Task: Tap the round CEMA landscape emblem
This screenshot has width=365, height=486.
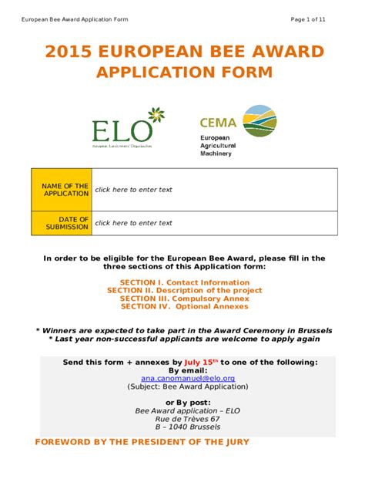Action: (260, 120)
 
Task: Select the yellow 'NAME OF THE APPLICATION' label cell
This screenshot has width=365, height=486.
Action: (61, 189)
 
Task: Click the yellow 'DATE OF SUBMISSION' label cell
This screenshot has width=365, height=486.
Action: (61, 223)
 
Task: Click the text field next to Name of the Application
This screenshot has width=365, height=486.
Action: (214, 189)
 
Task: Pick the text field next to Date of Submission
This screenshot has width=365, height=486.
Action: (214, 223)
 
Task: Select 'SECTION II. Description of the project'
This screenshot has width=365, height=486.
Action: (184, 291)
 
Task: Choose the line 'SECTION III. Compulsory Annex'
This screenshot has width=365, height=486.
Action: (184, 299)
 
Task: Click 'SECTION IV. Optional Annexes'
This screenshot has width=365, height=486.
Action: (184, 306)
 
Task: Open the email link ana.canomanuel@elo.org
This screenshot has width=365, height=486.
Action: (188, 379)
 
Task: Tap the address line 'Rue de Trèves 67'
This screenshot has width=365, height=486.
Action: (187, 418)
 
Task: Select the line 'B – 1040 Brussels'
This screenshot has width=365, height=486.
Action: (187, 427)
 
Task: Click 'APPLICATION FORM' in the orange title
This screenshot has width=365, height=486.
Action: (184, 73)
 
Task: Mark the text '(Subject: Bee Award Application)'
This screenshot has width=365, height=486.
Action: (187, 387)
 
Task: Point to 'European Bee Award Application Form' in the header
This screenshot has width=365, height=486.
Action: (75, 19)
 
